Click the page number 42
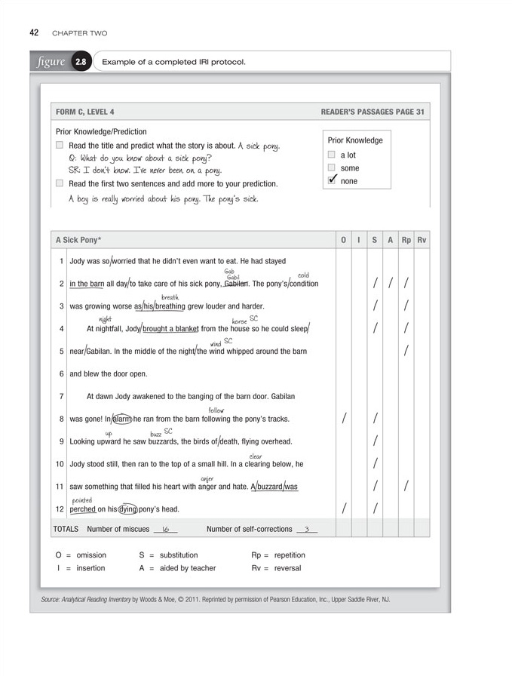coord(35,33)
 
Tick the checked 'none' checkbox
coord(331,180)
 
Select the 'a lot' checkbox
coord(331,155)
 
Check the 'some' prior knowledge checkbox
coord(331,168)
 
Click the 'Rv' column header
coord(422,240)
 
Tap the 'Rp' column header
coord(406,240)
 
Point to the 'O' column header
coord(343,240)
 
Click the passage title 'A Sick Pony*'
coord(78,240)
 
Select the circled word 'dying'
coord(129,509)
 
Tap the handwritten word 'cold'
coord(303,275)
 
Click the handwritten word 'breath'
coord(170,297)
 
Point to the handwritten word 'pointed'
coord(82,500)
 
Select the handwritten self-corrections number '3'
coord(306,530)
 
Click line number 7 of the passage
coord(60,396)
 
